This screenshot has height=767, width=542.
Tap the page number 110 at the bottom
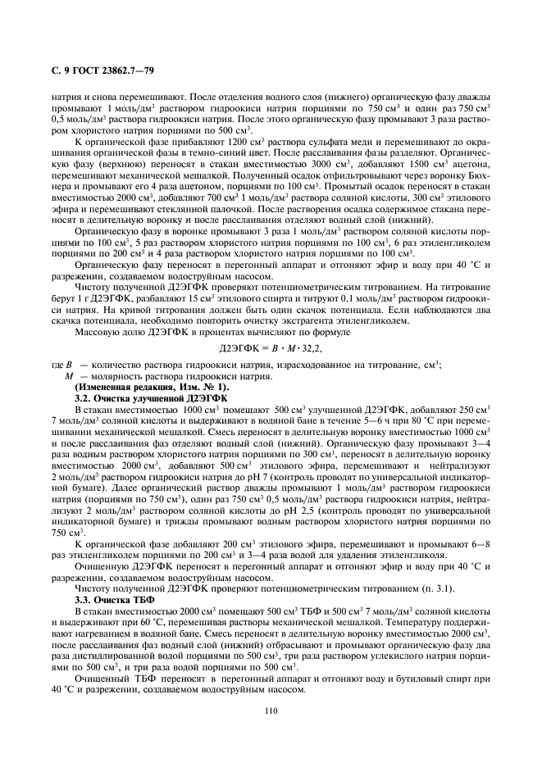point(270,712)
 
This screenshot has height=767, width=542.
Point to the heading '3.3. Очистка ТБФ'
point(115,600)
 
